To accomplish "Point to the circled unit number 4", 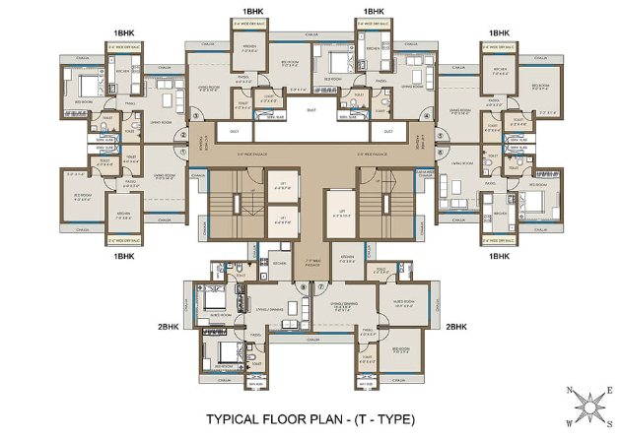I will [425, 115].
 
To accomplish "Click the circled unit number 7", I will [322, 287].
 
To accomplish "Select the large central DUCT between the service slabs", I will [310, 113].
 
